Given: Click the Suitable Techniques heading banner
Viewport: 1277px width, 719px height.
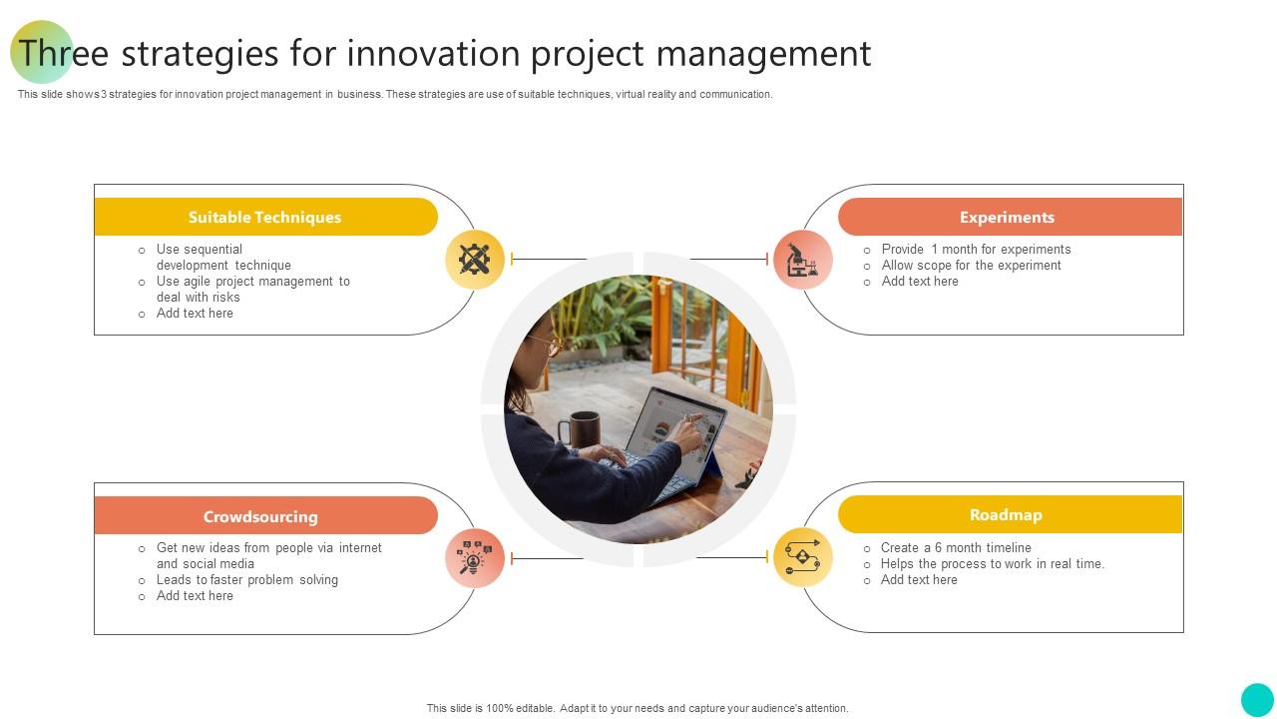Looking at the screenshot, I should [x=265, y=217].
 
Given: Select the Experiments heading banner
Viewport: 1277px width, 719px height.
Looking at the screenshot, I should [x=1008, y=217].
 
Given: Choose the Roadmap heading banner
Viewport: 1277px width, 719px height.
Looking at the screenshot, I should [x=1008, y=514].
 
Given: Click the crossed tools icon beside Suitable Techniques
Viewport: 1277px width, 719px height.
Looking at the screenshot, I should [x=475, y=260].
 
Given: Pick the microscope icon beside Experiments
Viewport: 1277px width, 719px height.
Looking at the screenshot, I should [x=803, y=260].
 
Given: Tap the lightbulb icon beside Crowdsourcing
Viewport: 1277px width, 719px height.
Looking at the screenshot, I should [x=475, y=558].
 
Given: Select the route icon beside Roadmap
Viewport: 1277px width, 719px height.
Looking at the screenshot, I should [x=803, y=557].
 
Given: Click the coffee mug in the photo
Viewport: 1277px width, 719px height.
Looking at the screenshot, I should [x=583, y=428].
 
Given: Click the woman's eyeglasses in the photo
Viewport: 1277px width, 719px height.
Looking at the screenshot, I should [x=548, y=345].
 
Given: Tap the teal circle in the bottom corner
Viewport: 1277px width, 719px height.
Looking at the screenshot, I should [x=1257, y=699].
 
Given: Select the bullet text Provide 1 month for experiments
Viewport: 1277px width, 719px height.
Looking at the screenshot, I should [x=976, y=250].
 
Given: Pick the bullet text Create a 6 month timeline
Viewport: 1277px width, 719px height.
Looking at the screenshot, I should [x=956, y=548].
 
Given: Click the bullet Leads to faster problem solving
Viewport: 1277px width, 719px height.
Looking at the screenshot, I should [x=246, y=580].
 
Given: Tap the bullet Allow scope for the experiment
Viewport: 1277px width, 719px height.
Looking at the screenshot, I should [x=971, y=266].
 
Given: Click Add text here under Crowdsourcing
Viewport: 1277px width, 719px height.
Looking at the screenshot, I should [x=195, y=596].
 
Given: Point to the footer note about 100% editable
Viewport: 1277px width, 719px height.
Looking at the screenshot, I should [x=638, y=708].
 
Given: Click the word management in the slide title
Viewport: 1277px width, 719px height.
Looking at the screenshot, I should [x=763, y=53].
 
